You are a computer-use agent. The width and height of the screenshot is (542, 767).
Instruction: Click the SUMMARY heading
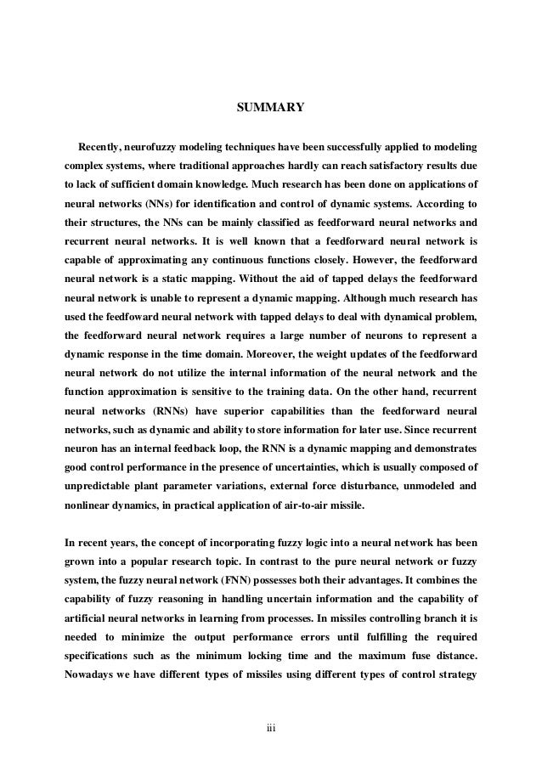[x=269, y=108]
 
